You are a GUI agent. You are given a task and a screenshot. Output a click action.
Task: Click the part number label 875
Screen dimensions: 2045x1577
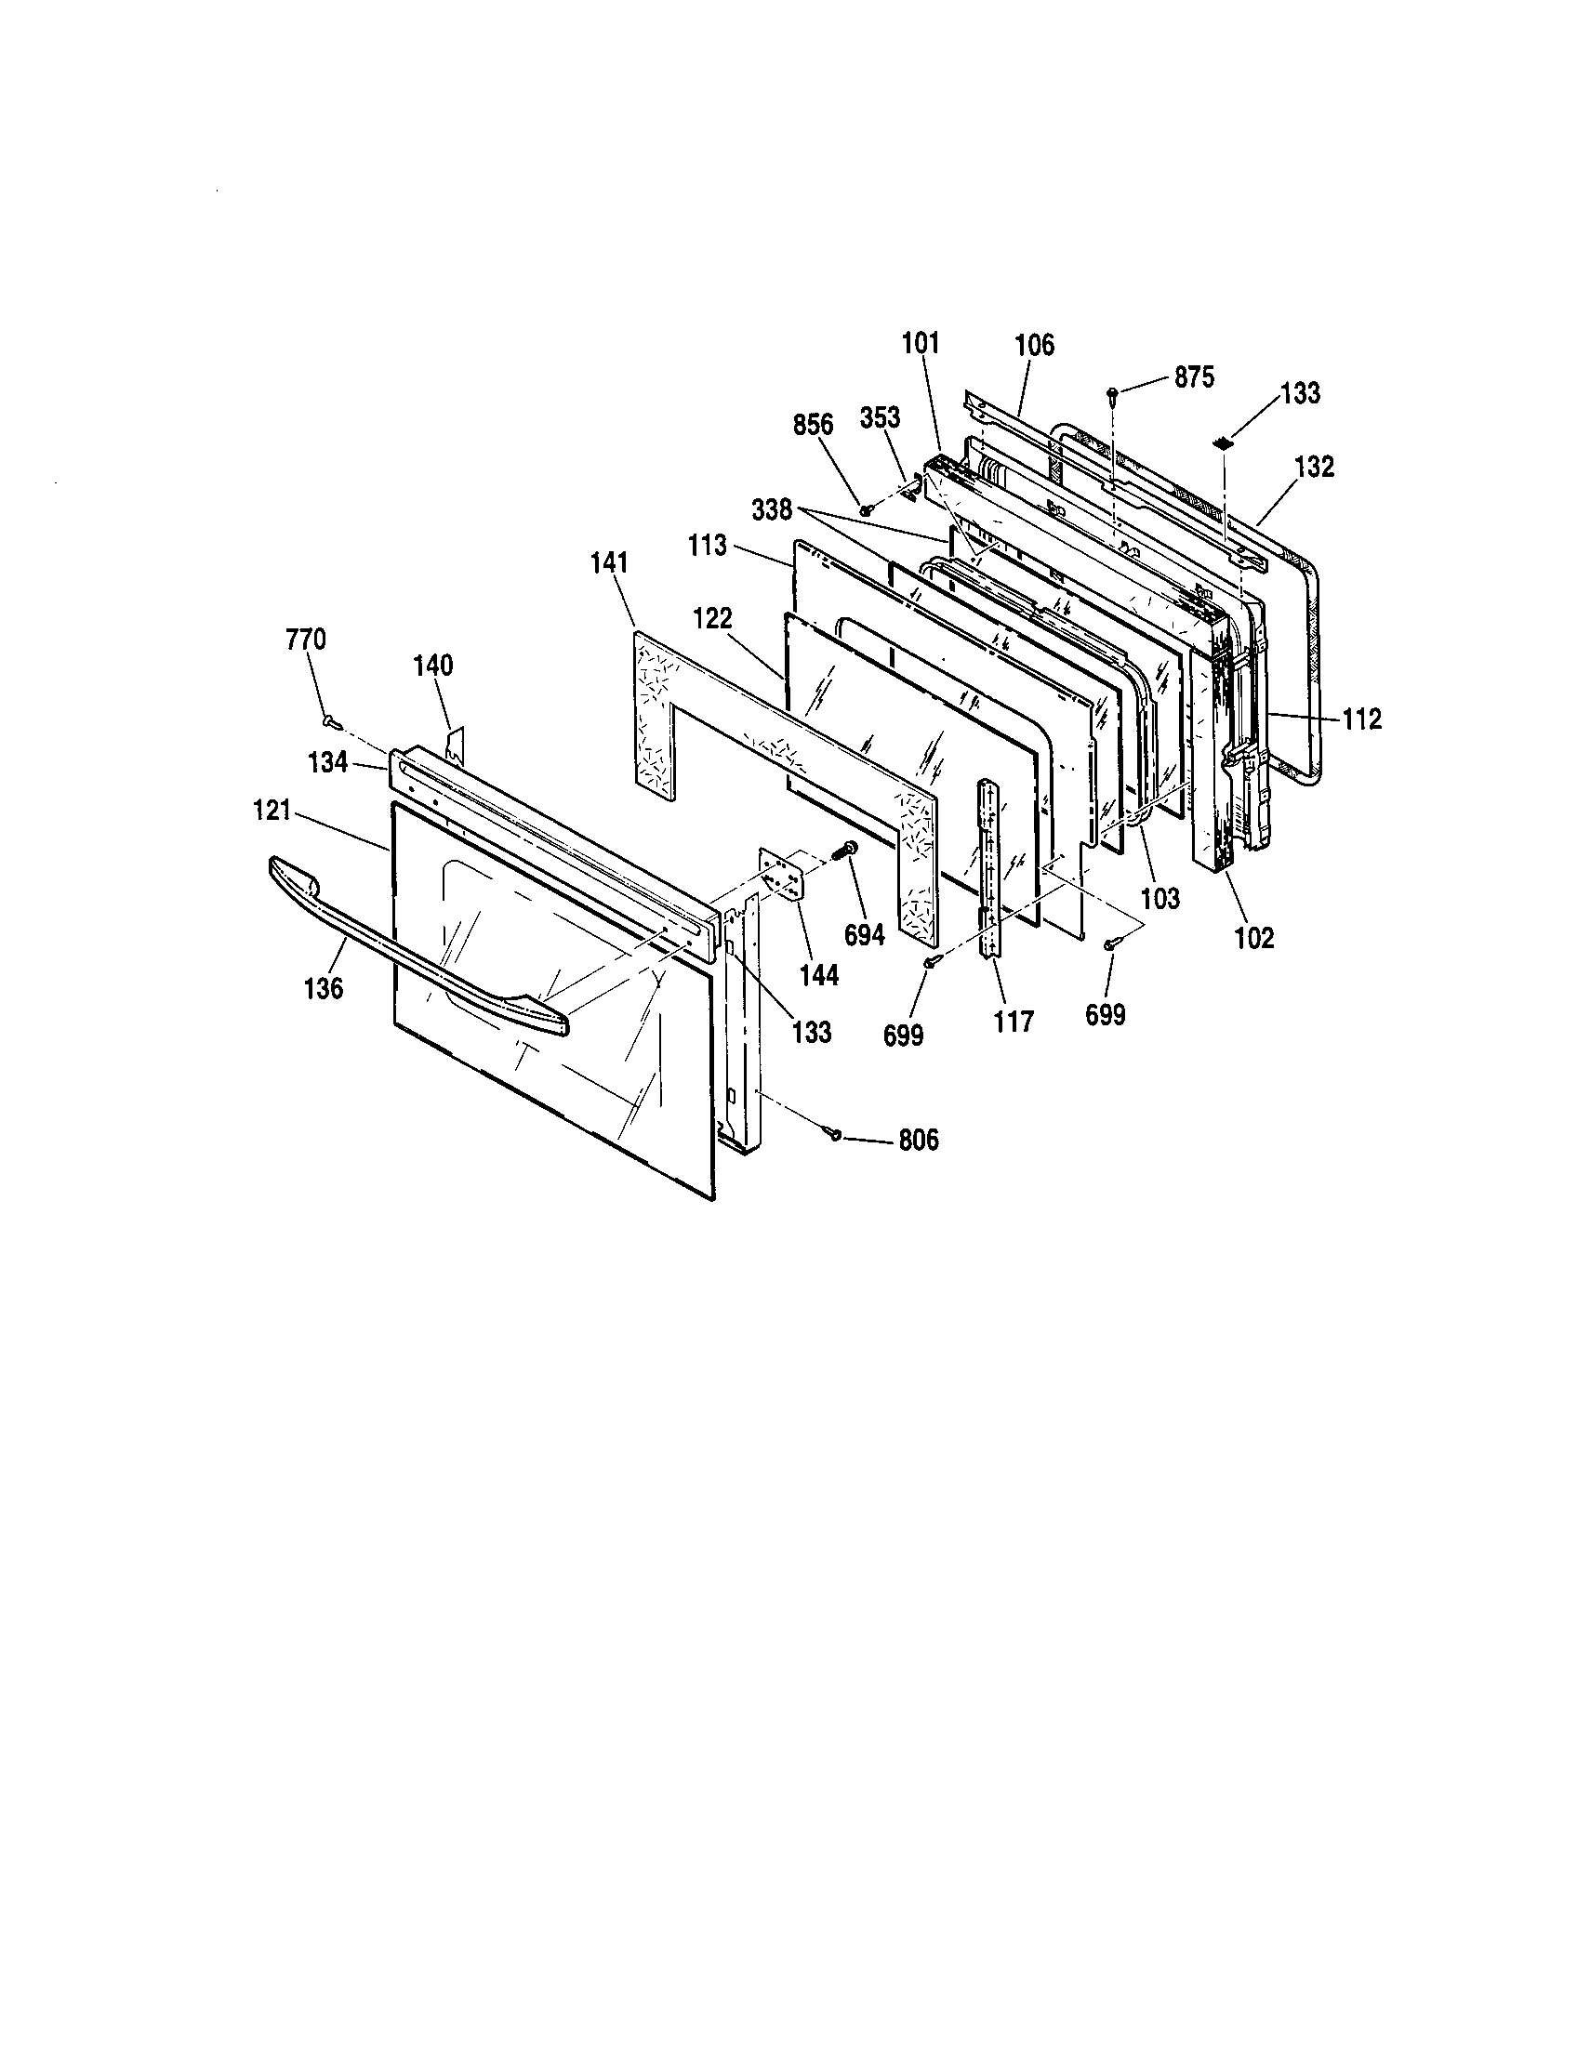[x=1193, y=377]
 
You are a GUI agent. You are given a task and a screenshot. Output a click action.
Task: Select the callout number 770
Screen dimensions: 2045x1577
[x=305, y=640]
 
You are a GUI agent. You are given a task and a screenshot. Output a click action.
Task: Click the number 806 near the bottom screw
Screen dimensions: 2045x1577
[x=918, y=1141]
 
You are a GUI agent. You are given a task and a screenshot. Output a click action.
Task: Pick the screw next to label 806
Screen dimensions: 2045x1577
[x=832, y=1134]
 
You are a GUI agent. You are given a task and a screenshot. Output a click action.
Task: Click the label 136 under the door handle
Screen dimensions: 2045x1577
[x=323, y=988]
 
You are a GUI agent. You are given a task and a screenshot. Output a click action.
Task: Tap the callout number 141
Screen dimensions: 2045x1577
[x=610, y=562]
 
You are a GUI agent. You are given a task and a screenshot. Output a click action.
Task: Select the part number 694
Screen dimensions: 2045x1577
[x=864, y=934]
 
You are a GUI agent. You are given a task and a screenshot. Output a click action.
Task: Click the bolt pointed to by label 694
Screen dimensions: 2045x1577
[x=848, y=851]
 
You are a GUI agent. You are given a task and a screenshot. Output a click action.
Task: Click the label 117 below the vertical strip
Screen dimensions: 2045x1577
[x=1014, y=1021]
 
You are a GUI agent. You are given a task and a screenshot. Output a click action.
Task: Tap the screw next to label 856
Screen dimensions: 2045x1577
[x=868, y=510]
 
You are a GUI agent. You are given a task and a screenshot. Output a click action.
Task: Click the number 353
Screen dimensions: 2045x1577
[x=880, y=417]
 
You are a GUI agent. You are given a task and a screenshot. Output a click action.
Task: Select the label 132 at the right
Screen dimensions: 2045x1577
[x=1314, y=467]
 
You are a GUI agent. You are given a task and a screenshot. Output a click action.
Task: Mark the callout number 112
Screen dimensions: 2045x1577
[x=1360, y=719]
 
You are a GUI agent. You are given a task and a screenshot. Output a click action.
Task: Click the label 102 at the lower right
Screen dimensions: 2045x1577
[x=1254, y=937]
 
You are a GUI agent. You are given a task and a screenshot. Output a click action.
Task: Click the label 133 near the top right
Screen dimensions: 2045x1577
[x=1300, y=393]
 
